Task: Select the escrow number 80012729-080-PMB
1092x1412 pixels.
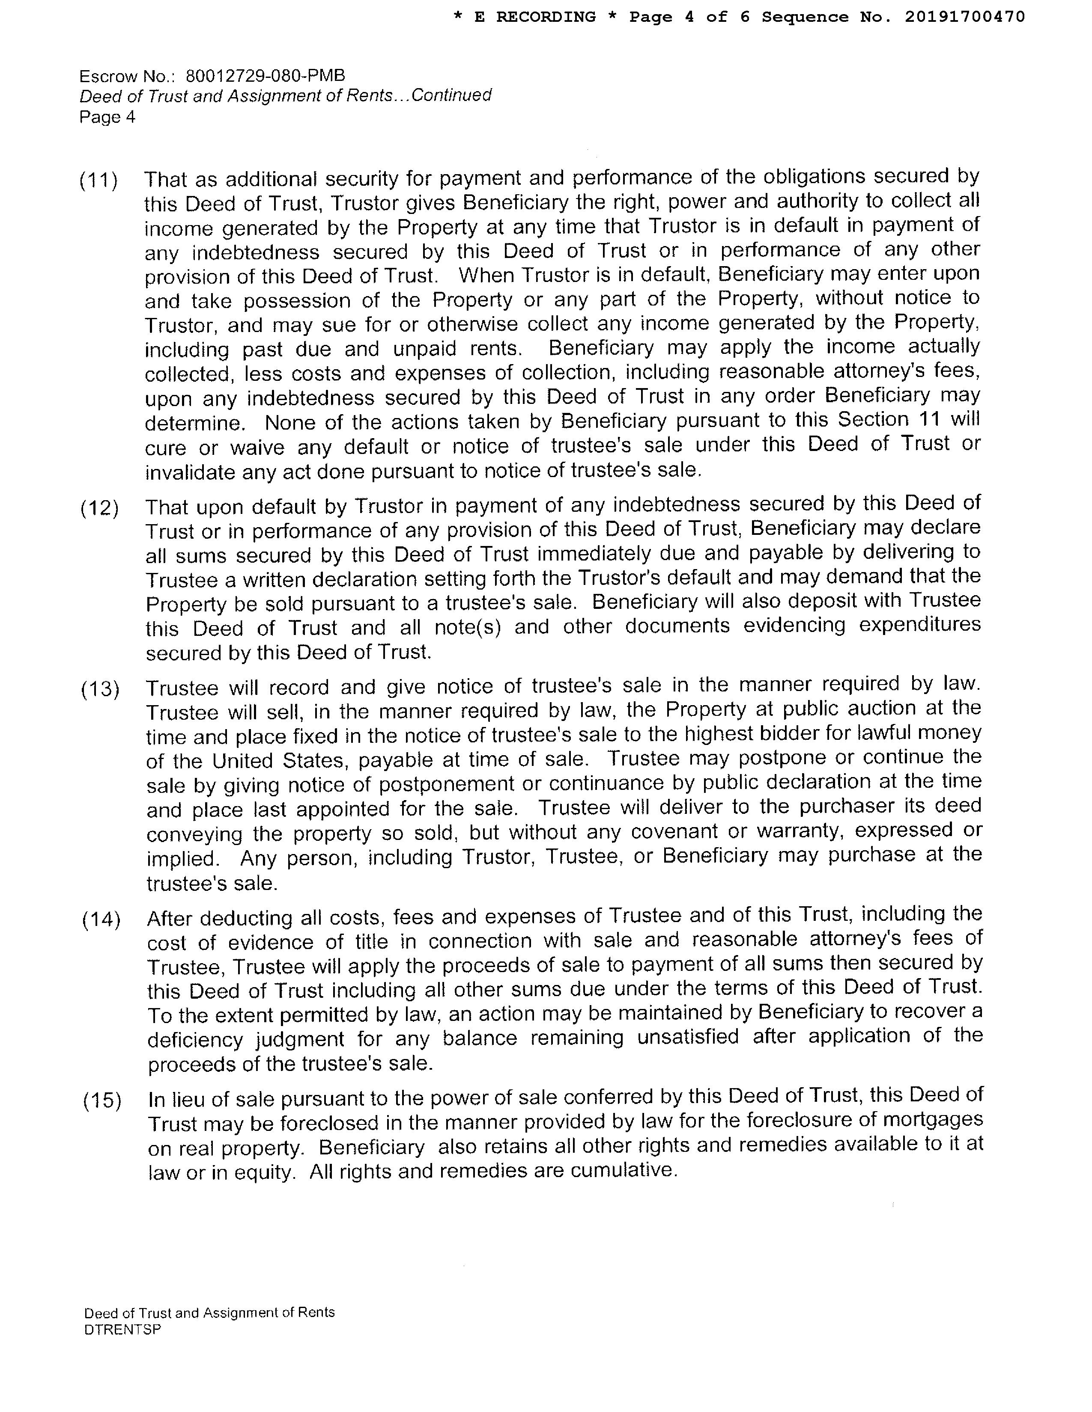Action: (265, 76)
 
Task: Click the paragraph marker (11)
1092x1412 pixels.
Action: (99, 181)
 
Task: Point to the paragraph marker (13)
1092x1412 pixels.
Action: (100, 690)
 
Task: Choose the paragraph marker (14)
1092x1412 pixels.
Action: (101, 920)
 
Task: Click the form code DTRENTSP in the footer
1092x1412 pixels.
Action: (122, 1329)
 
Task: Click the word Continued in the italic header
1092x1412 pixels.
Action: (451, 96)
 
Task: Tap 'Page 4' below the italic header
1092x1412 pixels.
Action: (107, 117)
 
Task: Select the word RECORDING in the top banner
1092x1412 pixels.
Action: (546, 17)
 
